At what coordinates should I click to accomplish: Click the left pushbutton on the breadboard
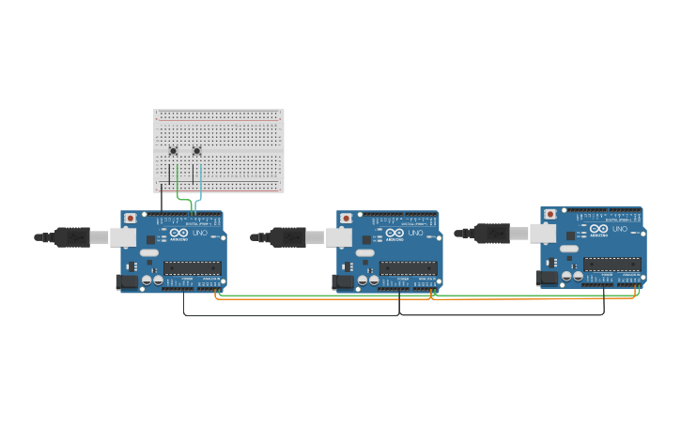tap(173, 151)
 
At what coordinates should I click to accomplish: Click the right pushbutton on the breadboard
tap(197, 151)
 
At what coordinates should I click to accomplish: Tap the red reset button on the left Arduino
tap(130, 218)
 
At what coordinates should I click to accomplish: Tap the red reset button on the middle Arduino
tap(346, 218)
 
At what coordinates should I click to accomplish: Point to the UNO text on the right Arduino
tap(619, 228)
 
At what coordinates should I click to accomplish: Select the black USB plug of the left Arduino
tap(71, 237)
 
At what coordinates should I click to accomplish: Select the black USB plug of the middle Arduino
tap(287, 237)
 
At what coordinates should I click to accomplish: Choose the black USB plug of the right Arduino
tap(491, 234)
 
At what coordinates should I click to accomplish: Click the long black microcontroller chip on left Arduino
tap(193, 268)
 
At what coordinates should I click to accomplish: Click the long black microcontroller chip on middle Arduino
tap(409, 268)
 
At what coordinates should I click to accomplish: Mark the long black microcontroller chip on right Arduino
tap(612, 265)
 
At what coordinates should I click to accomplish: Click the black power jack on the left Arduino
tap(126, 281)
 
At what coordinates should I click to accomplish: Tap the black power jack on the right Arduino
tap(546, 278)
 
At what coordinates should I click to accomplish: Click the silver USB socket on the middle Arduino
tap(338, 237)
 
